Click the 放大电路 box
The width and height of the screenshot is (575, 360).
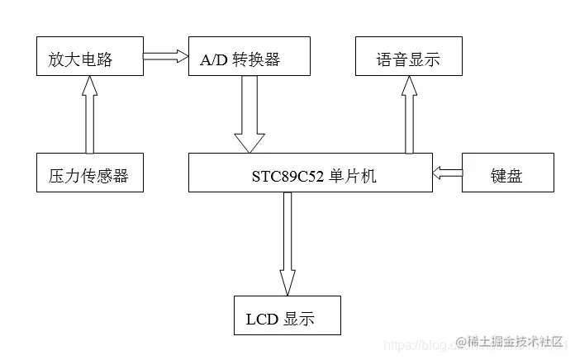pyautogui.click(x=89, y=57)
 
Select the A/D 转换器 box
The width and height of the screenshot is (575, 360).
pyautogui.click(x=249, y=57)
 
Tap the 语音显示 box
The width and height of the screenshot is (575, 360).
pyautogui.click(x=408, y=57)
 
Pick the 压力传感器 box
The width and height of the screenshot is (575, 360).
pyautogui.click(x=89, y=173)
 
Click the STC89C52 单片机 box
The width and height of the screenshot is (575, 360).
pyautogui.click(x=311, y=173)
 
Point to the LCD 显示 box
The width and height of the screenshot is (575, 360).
pyautogui.click(x=287, y=315)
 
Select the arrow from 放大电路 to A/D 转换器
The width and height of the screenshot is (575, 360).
pyautogui.click(x=165, y=57)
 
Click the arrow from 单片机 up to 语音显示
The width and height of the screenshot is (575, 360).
pyautogui.click(x=407, y=116)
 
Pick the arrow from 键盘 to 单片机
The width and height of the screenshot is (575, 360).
pyautogui.click(x=447, y=173)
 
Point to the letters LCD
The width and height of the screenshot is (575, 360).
pyautogui.click(x=261, y=320)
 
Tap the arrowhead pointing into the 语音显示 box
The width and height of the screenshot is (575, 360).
pyautogui.click(x=407, y=84)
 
